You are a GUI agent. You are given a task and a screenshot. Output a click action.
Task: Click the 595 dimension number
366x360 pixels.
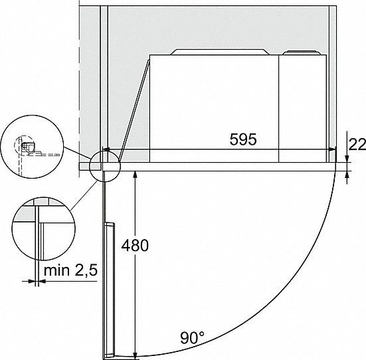243,139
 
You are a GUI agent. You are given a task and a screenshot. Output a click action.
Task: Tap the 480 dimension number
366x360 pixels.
135,245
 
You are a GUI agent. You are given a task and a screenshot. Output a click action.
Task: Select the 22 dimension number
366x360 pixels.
357,145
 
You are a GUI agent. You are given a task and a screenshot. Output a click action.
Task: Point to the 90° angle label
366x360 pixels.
192,337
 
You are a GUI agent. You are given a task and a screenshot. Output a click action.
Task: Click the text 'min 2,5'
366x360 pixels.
70,270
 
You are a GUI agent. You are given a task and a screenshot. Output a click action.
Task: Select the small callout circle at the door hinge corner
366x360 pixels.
105,166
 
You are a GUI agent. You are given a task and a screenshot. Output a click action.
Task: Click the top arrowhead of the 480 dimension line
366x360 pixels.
135,174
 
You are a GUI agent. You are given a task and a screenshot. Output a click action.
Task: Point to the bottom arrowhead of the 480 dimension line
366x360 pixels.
135,355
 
